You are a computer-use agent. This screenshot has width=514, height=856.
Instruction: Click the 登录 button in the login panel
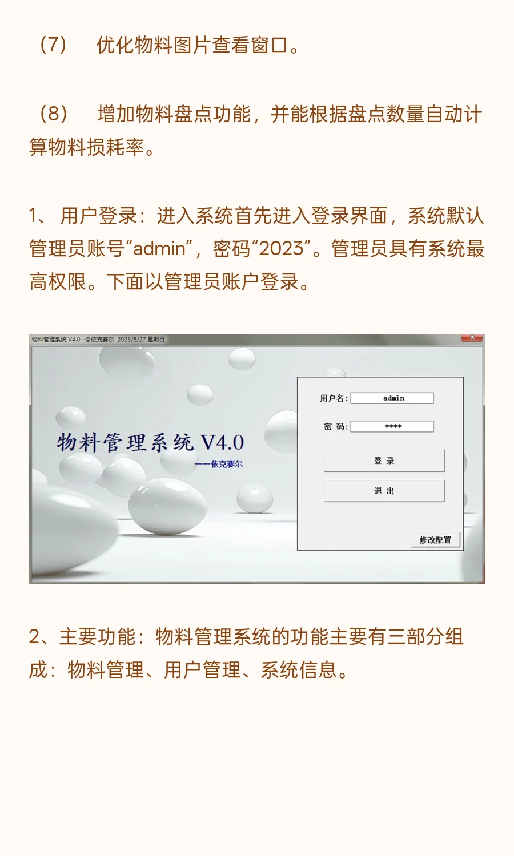pyautogui.click(x=384, y=461)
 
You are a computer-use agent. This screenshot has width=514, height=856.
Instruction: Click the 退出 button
pyautogui.click(x=384, y=491)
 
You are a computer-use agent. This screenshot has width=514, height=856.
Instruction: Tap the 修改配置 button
pyautogui.click(x=435, y=540)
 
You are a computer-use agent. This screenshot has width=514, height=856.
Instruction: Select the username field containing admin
pyautogui.click(x=392, y=398)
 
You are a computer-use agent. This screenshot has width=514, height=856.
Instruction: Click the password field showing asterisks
pyautogui.click(x=392, y=426)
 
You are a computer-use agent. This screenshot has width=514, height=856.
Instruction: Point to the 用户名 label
pyautogui.click(x=334, y=398)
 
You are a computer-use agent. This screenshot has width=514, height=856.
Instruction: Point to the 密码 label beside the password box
pyautogui.click(x=335, y=426)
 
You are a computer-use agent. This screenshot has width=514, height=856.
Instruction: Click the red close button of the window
pyautogui.click(x=472, y=338)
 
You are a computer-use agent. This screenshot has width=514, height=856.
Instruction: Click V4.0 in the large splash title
pyautogui.click(x=222, y=443)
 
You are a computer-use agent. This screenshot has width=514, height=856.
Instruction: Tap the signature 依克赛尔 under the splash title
pyautogui.click(x=226, y=464)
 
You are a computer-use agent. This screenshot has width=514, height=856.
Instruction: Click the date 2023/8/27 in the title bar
pyautogui.click(x=131, y=340)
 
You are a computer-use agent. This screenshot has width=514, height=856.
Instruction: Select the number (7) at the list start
pyautogui.click(x=53, y=45)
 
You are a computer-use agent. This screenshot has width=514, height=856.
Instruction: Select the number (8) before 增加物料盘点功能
pyautogui.click(x=53, y=114)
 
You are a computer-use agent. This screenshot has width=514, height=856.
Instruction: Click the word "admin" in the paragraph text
pyautogui.click(x=159, y=249)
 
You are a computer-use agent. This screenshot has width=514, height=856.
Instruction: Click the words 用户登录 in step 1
pyautogui.click(x=98, y=216)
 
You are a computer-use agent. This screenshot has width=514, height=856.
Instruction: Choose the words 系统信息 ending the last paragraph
pyautogui.click(x=299, y=669)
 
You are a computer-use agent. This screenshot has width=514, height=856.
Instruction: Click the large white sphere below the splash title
pyautogui.click(x=167, y=506)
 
